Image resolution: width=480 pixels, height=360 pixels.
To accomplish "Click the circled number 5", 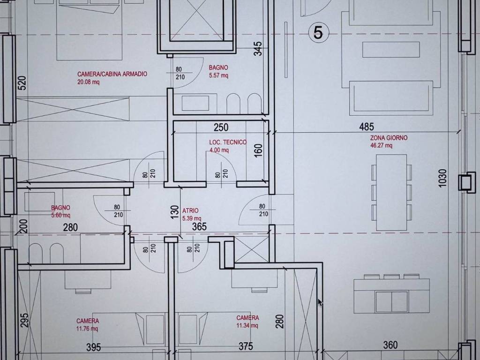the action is (318, 32).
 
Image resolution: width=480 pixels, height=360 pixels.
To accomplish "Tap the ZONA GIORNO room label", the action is (389, 138).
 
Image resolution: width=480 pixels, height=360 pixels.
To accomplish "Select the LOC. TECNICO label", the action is (228, 142).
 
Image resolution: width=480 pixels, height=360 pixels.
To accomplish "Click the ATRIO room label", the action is (190, 210).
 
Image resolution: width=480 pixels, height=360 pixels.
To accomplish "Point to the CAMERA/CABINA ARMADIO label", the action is (112, 74).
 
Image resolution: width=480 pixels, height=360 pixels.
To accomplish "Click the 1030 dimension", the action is (442, 178).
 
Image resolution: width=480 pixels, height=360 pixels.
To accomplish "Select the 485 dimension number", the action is (367, 127).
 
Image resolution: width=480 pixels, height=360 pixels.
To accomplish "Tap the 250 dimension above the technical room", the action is (221, 127).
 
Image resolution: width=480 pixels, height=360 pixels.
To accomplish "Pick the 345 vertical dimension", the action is (258, 49).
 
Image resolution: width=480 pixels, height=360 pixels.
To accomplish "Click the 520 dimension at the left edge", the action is (22, 83).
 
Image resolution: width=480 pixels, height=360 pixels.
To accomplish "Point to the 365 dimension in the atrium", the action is (199, 226).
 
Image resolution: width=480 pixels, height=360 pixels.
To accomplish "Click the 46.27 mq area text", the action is (381, 145).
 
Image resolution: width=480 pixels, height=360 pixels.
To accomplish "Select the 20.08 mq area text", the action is (88, 82).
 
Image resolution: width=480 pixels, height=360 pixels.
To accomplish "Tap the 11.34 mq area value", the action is (247, 325).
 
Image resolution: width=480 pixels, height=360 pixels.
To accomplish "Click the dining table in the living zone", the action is (391, 192).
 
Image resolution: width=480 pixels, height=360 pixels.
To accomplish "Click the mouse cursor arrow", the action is (320, 302).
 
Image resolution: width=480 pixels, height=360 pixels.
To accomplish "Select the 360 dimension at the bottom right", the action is (390, 345).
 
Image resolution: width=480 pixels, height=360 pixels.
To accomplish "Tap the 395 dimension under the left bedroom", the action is (93, 347).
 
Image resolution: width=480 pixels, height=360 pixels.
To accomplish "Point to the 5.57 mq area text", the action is (218, 75).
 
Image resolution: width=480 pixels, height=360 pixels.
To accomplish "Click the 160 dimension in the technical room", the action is (258, 151).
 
